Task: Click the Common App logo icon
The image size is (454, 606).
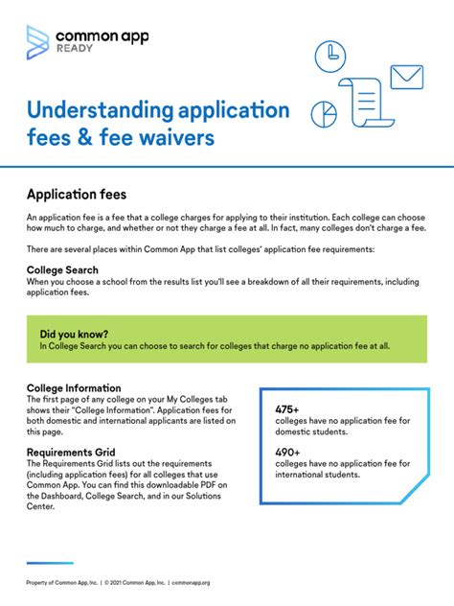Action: [37, 41]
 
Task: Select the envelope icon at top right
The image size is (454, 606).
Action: [406, 77]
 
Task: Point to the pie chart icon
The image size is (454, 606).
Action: [326, 113]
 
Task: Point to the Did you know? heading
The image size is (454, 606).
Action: [74, 333]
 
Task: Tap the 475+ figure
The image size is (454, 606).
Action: [288, 409]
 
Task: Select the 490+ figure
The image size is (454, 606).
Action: [288, 452]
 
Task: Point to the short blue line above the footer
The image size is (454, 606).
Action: [50, 563]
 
